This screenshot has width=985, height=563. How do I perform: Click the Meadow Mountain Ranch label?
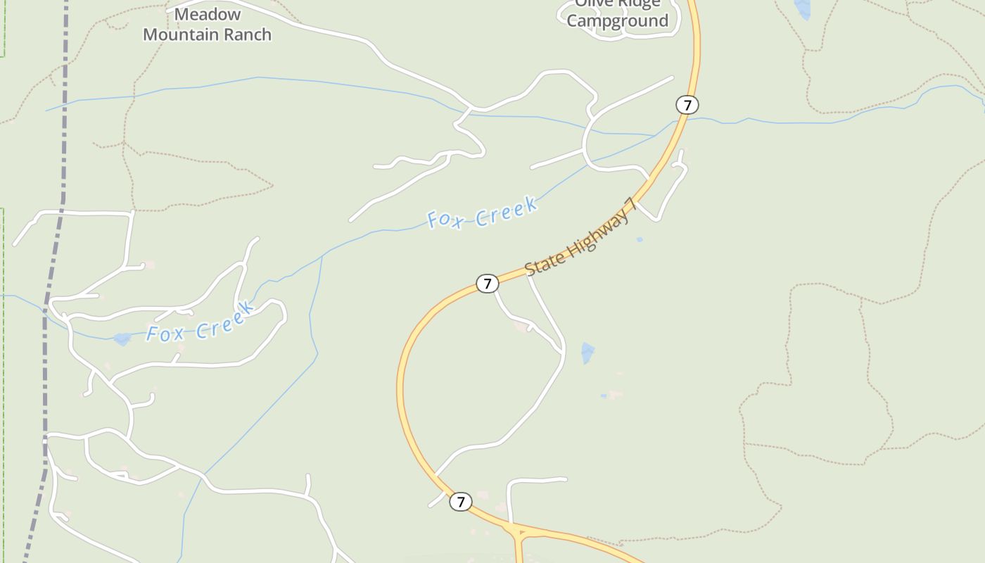[x=207, y=25]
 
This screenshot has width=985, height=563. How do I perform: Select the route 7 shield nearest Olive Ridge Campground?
[x=687, y=105]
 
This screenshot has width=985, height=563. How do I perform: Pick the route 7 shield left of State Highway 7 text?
[x=487, y=284]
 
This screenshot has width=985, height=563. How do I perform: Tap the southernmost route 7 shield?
[x=460, y=502]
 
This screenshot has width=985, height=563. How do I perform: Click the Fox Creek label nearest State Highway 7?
[x=483, y=213]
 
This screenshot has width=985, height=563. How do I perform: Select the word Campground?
[x=617, y=21]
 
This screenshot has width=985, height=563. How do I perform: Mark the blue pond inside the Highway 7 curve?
[x=587, y=352]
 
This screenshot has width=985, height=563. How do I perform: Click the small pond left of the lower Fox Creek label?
[x=122, y=339]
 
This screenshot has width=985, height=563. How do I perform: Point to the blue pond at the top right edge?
[x=802, y=8]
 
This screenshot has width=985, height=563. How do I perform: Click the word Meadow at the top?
[x=207, y=14]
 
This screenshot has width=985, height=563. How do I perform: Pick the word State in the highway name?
[x=540, y=265]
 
